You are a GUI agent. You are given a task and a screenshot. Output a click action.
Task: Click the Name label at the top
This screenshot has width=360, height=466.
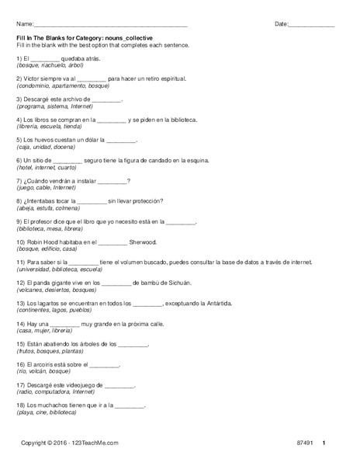point(23,25)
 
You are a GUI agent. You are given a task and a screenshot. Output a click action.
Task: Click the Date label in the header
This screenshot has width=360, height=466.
point(281,25)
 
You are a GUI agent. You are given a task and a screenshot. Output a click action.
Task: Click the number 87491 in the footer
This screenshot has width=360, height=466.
point(306,443)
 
